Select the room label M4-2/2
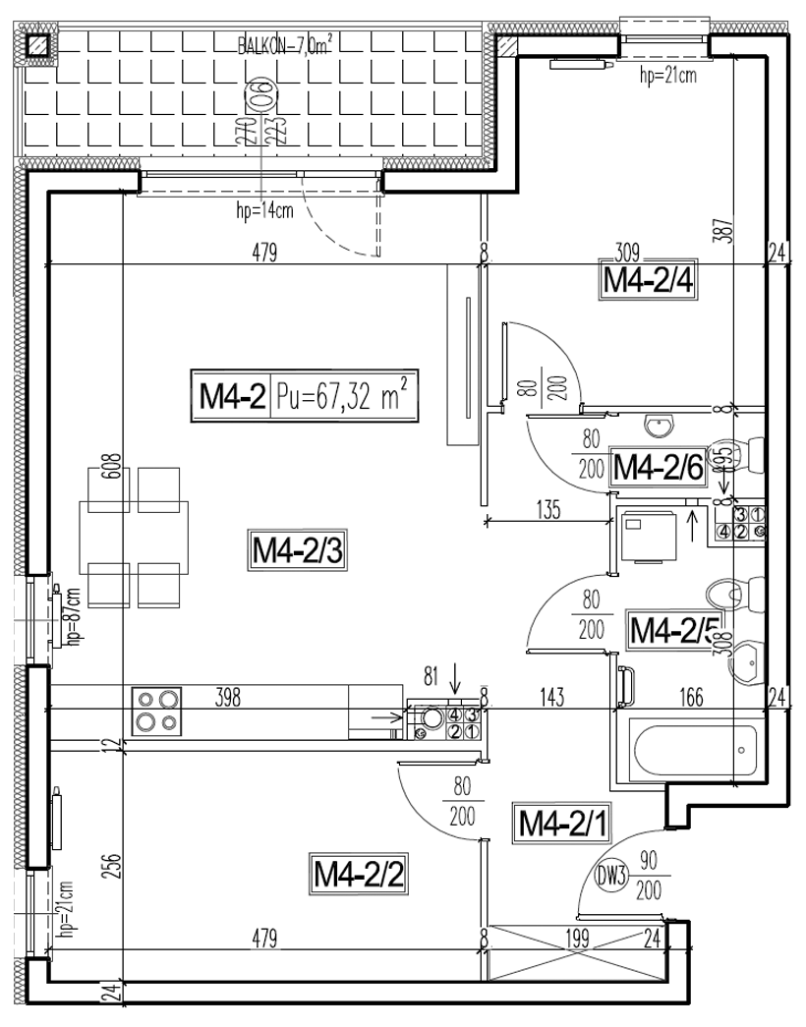[358, 872]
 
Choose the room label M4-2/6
[657, 468]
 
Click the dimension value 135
[547, 510]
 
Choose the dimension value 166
[691, 698]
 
